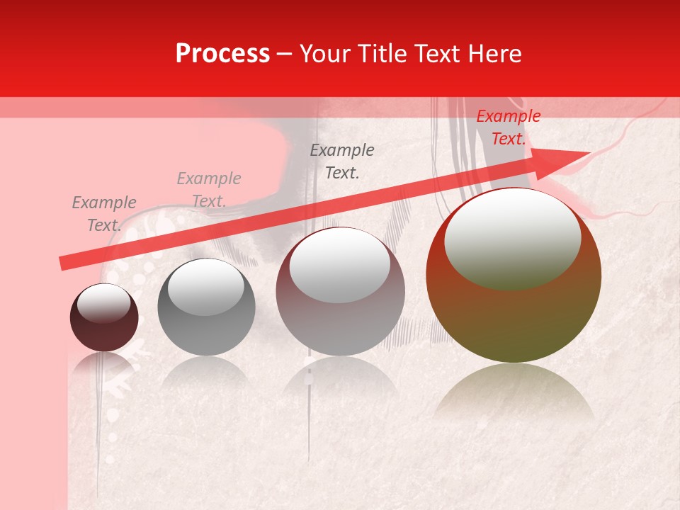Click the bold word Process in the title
tap(222, 54)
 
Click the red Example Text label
tap(508, 127)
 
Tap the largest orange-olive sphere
tap(514, 319)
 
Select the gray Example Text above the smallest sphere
tap(103, 213)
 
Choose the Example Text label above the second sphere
tap(209, 190)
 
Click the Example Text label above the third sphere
tap(342, 161)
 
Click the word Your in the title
tap(325, 54)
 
